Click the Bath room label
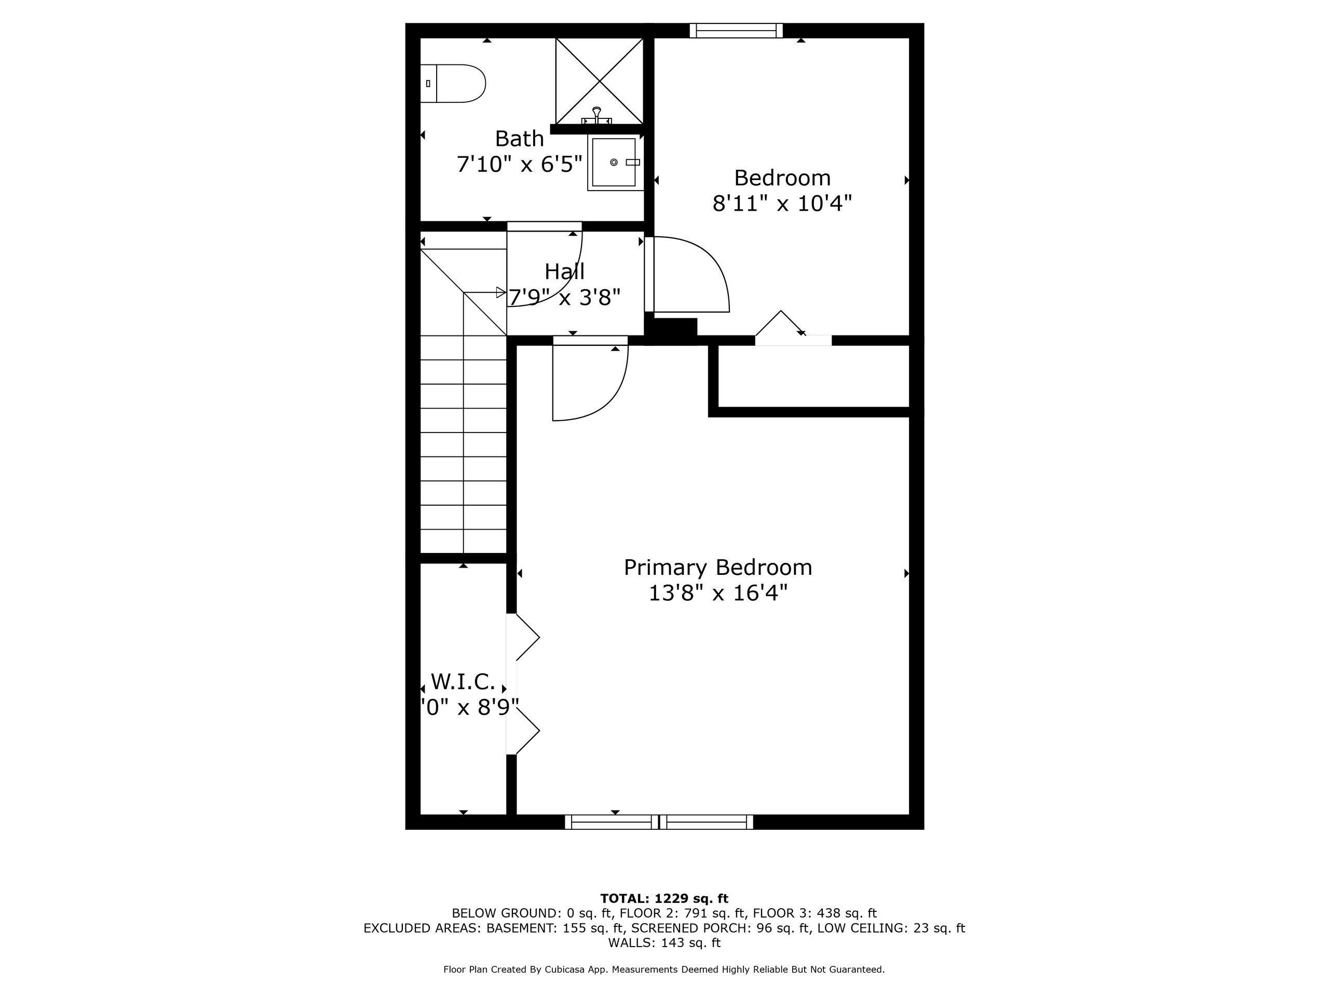(x=519, y=139)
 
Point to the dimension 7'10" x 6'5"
(x=519, y=164)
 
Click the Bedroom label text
(x=782, y=178)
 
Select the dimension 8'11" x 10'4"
(x=782, y=204)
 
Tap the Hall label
(x=564, y=272)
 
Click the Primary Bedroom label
(x=717, y=568)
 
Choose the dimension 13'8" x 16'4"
(x=717, y=594)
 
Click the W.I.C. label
(x=463, y=681)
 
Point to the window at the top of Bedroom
(x=736, y=31)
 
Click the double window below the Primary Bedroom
(x=658, y=821)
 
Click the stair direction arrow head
(x=500, y=293)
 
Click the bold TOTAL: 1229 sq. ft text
(x=664, y=898)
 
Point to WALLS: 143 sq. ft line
(x=664, y=943)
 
